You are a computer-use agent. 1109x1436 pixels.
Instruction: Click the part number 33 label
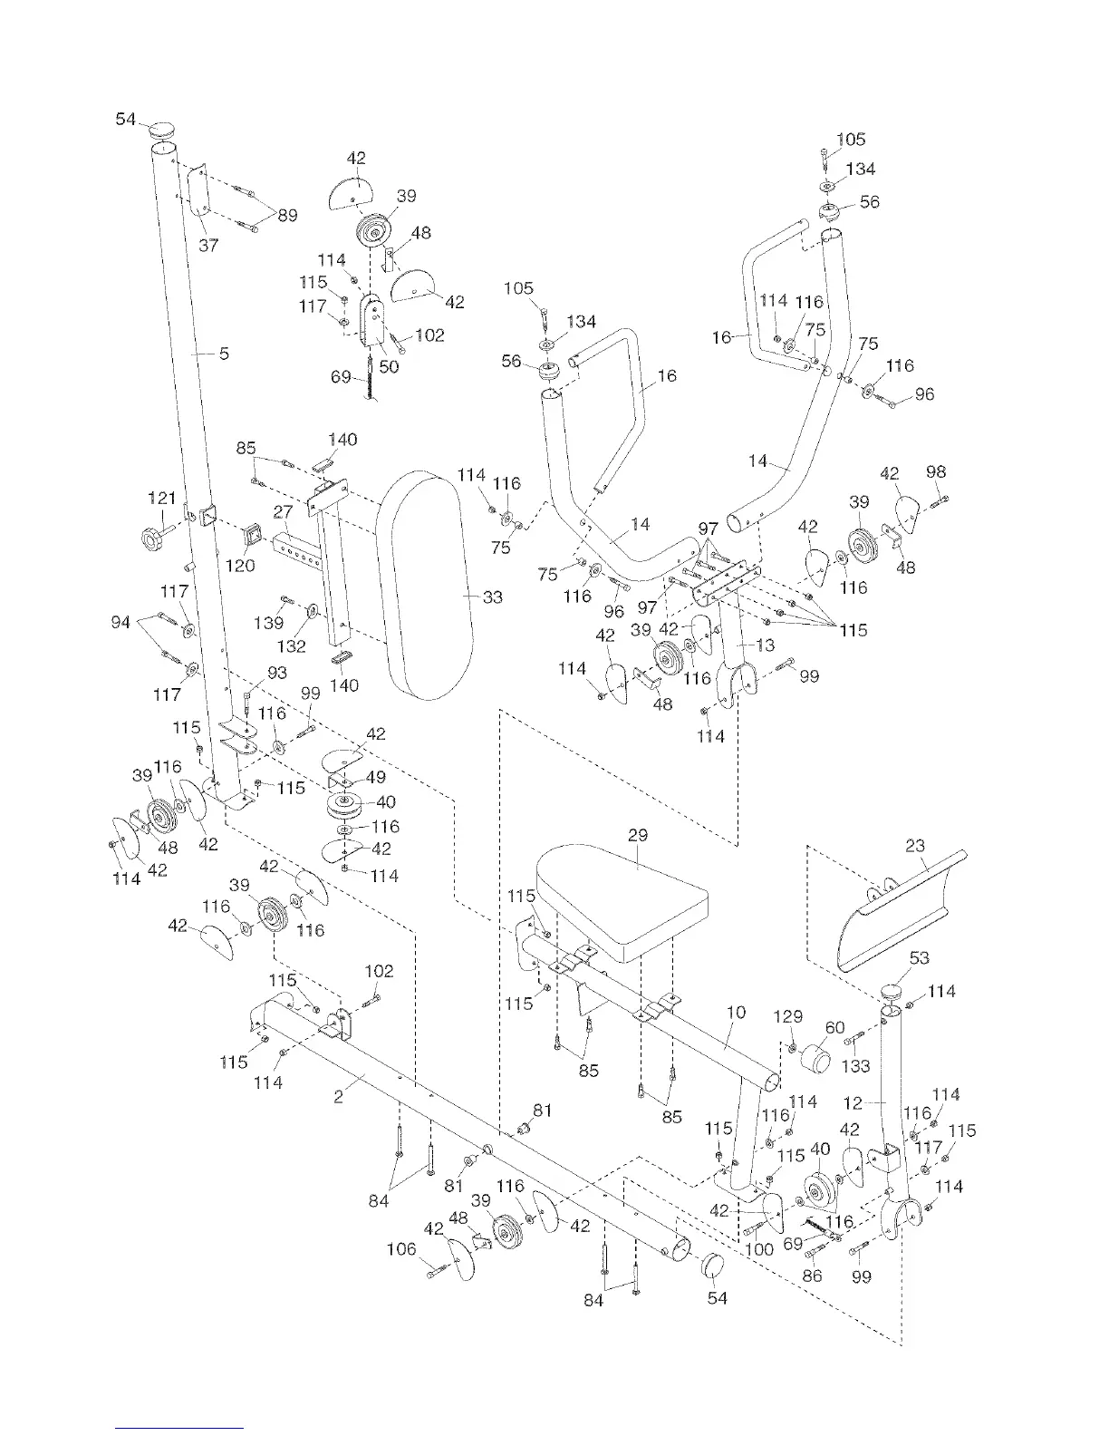coord(493,597)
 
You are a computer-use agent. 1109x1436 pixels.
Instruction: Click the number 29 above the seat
coord(637,834)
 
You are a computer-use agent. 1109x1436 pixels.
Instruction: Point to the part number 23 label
coord(915,846)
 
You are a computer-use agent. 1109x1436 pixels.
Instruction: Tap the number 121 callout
coord(161,498)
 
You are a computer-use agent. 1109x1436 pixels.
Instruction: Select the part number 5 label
coord(224,354)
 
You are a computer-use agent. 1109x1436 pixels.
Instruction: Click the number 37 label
coord(208,245)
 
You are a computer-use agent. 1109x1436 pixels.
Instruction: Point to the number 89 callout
coord(286,215)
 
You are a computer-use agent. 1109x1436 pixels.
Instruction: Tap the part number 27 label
coord(282,512)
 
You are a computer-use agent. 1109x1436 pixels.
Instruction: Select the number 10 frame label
coord(736,1012)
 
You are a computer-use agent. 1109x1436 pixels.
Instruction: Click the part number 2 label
coord(338,1097)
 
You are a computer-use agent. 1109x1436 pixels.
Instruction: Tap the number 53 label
coord(919,958)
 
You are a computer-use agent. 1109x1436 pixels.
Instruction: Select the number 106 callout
coord(401,1250)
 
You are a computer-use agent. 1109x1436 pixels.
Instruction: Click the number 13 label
coord(766,645)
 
